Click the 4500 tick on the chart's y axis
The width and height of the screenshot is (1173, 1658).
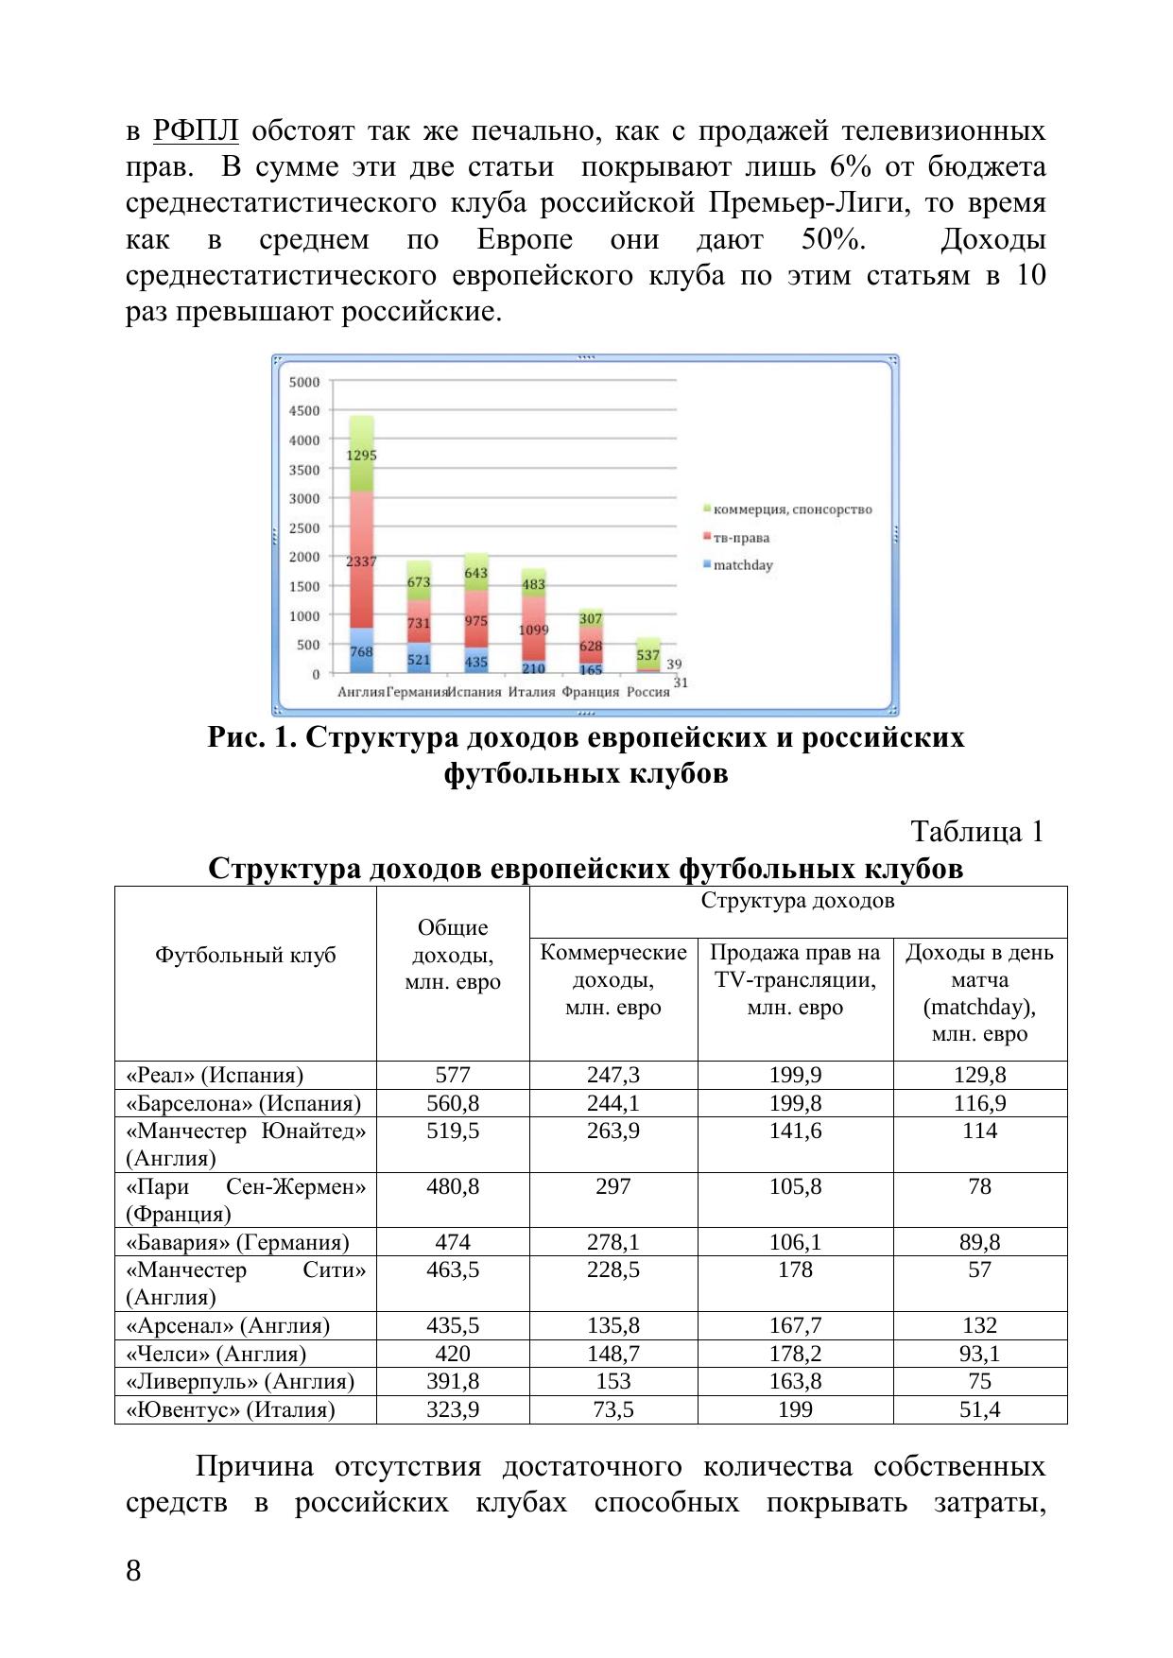pos(304,411)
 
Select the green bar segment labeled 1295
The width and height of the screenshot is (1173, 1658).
pos(361,455)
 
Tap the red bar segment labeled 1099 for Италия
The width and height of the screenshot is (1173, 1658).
pos(533,629)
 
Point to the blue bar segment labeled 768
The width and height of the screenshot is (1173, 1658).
pos(361,651)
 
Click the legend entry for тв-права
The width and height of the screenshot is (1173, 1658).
pos(741,538)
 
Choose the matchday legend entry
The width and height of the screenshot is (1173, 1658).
pos(742,565)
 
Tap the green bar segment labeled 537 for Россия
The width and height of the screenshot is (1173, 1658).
pos(647,654)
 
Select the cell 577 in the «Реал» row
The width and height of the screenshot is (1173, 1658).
pos(453,1075)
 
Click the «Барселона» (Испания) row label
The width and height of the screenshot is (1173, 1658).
pos(244,1103)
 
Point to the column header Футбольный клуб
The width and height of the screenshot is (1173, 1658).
pos(246,956)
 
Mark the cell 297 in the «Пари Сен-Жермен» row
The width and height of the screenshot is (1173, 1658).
pos(613,1186)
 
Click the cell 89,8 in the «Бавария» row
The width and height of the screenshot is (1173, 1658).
pos(979,1242)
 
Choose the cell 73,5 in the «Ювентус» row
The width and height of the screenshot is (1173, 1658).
pos(613,1410)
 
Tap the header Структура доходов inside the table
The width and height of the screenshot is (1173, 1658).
pos(797,901)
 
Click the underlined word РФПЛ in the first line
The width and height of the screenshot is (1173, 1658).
pos(196,130)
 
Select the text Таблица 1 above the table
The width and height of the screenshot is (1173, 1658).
pos(976,832)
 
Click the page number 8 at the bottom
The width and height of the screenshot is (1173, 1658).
pos(133,1572)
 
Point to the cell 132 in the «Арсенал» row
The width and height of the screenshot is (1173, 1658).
pos(979,1326)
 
